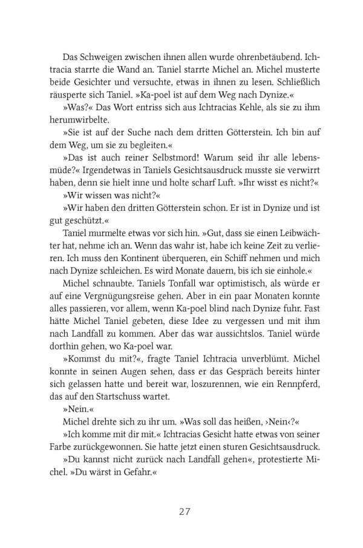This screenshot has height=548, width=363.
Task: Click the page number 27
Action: (185, 511)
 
